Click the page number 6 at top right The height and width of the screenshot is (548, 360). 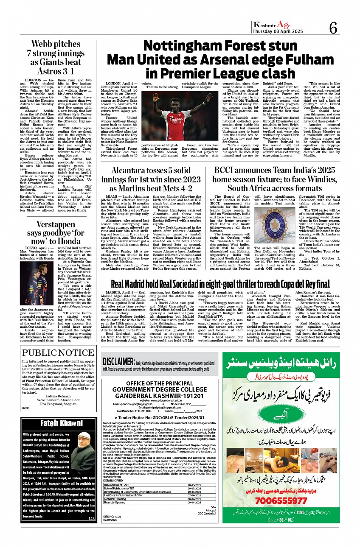pyautogui.click(x=333, y=28)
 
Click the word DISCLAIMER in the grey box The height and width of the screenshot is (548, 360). pyautogui.click(x=118, y=362)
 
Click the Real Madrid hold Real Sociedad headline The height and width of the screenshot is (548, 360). pyautogui.click(x=220, y=272)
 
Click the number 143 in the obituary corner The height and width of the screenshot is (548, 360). pyautogui.click(x=91, y=519)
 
